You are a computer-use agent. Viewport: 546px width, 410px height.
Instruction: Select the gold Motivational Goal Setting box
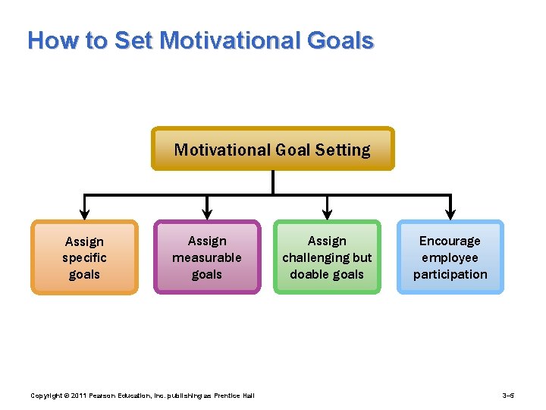coord(272,149)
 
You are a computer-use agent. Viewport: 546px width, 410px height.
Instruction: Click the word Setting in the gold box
coord(344,150)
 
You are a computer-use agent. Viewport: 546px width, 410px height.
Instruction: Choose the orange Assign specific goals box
coord(84,257)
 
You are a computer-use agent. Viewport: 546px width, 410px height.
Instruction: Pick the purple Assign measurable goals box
coord(207,257)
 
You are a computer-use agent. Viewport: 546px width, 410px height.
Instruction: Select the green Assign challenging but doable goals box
coord(327,257)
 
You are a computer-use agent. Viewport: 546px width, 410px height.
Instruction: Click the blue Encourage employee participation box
coord(450,257)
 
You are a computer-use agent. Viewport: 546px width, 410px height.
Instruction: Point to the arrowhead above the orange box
coord(85,213)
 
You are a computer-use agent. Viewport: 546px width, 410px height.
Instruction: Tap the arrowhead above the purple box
coord(207,213)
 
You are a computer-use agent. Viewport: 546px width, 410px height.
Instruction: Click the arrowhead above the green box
coord(327,213)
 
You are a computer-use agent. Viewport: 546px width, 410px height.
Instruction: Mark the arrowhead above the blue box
coord(450,213)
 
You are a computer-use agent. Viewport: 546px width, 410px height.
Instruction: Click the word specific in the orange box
coord(84,258)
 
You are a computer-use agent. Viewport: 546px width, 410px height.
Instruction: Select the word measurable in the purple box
coord(207,257)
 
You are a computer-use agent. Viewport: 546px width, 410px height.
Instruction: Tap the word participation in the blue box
coord(450,274)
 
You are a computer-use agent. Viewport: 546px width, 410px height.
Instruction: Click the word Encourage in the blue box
coord(450,241)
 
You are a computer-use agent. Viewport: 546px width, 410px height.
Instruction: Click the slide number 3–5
coord(508,396)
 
